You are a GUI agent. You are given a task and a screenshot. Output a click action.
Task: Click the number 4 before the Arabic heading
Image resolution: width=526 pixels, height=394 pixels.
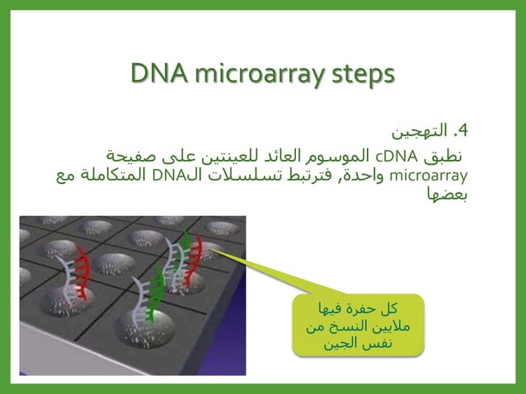tap(464, 131)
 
